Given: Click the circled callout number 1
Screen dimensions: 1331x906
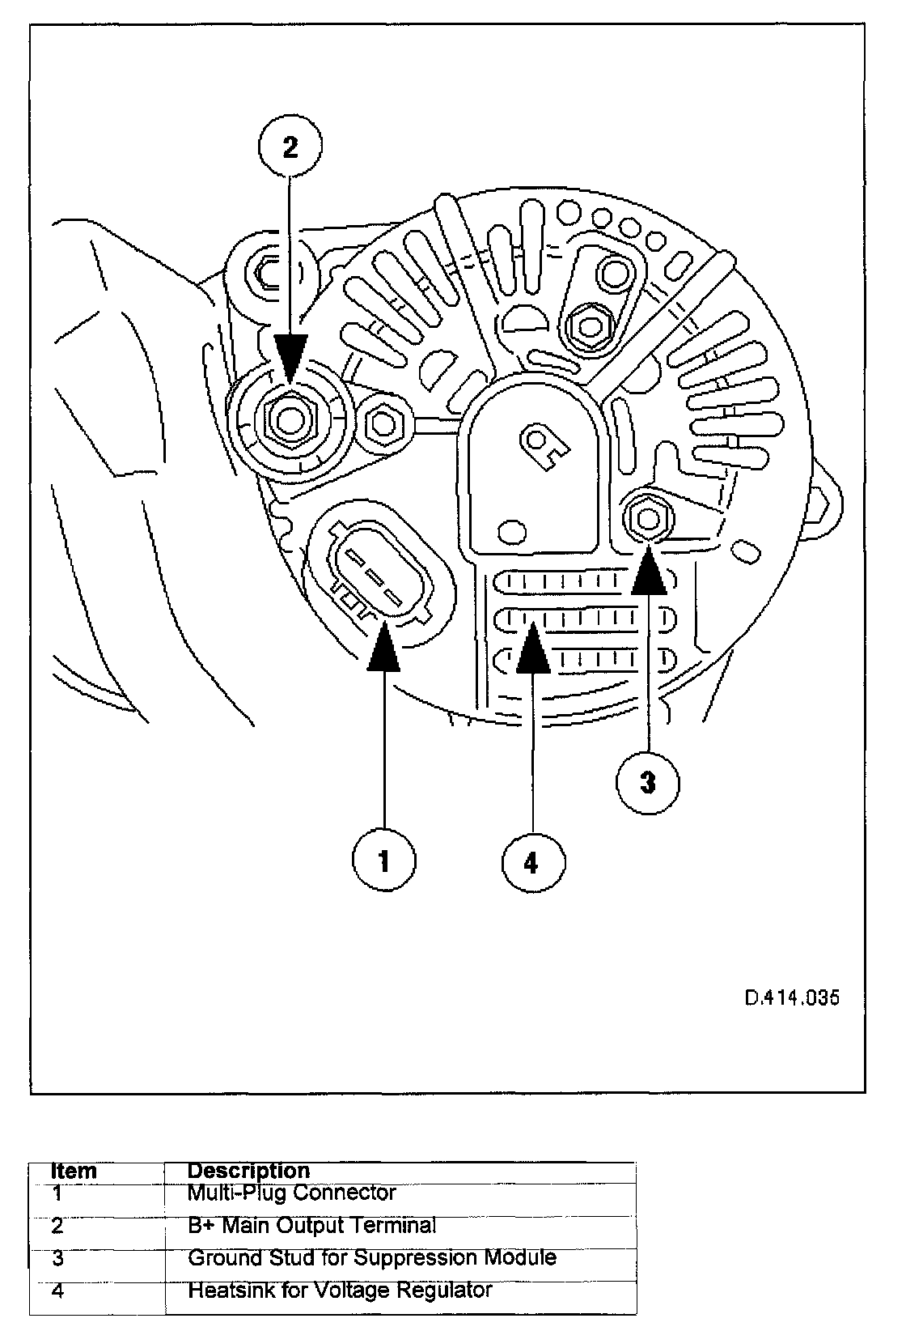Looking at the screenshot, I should (x=383, y=861).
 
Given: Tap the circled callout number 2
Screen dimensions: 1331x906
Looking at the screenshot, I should (x=290, y=147).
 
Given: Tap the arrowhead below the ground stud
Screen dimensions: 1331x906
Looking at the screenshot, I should (x=649, y=572).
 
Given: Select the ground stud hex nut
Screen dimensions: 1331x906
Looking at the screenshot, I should (x=646, y=517).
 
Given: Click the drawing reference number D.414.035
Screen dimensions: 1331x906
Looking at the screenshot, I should (x=792, y=997).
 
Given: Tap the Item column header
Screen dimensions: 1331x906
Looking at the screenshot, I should (x=74, y=1171).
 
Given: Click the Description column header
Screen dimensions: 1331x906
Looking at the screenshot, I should (x=248, y=1171).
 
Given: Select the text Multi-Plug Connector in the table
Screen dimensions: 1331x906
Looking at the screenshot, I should (x=291, y=1193).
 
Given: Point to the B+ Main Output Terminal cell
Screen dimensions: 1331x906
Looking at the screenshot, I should (x=311, y=1226).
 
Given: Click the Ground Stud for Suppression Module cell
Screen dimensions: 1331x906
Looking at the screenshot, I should (x=371, y=1257).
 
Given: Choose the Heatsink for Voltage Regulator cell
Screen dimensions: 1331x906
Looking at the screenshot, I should (x=340, y=1290).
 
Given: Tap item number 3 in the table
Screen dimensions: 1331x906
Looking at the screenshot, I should (x=57, y=1258).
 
